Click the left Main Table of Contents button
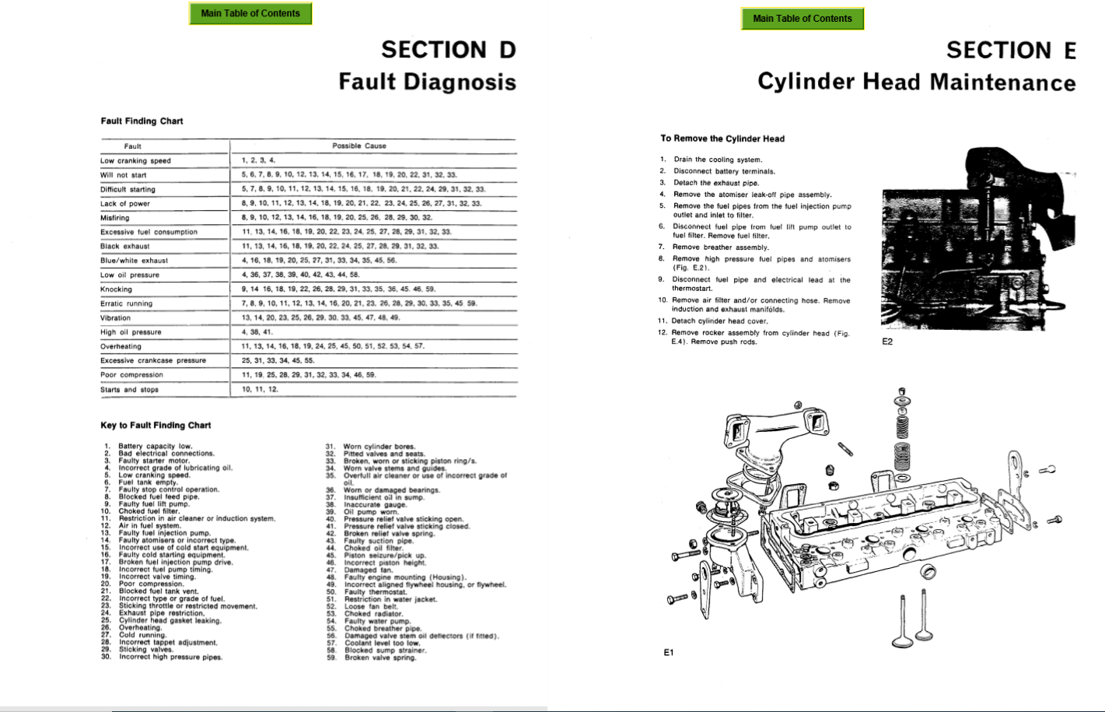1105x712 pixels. tap(250, 13)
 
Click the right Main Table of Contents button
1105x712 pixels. tap(802, 19)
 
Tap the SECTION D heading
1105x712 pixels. tap(448, 50)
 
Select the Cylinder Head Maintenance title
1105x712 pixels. tap(916, 82)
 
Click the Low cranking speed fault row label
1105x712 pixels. tap(135, 161)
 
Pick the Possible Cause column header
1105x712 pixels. tap(358, 146)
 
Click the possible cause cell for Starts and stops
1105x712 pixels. tap(260, 389)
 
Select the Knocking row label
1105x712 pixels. tap(116, 289)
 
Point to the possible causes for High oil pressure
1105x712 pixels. tap(257, 332)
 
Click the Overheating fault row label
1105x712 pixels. tap(121, 346)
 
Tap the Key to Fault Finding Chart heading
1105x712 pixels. tap(156, 426)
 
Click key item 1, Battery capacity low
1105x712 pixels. tap(155, 447)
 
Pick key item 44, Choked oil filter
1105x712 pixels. tap(374, 549)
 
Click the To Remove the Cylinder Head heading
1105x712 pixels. tap(722, 139)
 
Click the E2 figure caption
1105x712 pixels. tap(887, 342)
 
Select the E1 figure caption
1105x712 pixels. tap(669, 653)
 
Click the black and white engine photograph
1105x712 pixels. tap(977, 241)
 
